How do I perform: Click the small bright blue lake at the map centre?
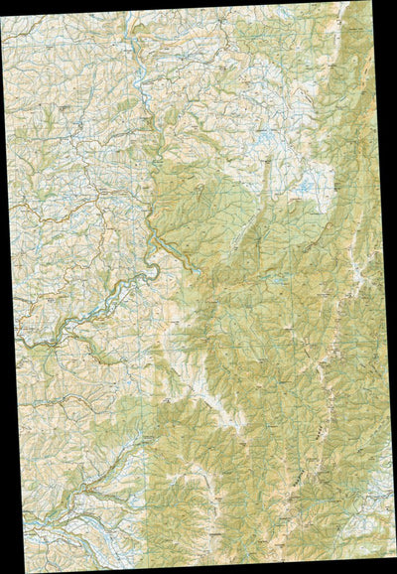(198, 269)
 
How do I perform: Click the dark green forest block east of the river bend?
(189, 218)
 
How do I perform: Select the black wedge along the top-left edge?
(60, 6)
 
